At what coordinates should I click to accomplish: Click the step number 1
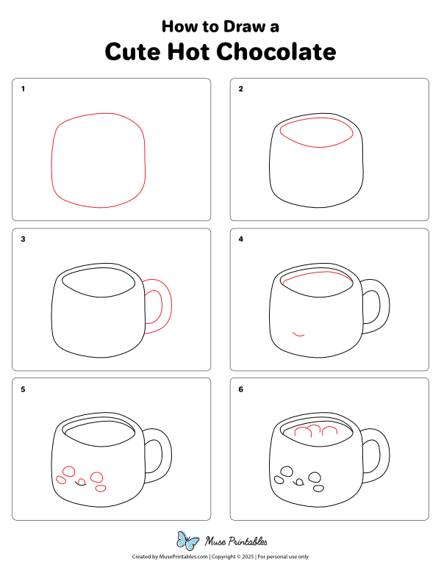pos(23,89)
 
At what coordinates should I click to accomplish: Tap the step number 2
pos(240,89)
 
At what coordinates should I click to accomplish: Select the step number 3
pos(23,239)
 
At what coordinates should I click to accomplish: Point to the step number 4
pos(240,239)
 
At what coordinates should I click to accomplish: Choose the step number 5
pos(23,389)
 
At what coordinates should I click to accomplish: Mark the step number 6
pos(240,389)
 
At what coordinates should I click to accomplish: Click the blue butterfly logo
pos(188,541)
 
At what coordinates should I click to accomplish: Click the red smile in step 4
pos(298,334)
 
